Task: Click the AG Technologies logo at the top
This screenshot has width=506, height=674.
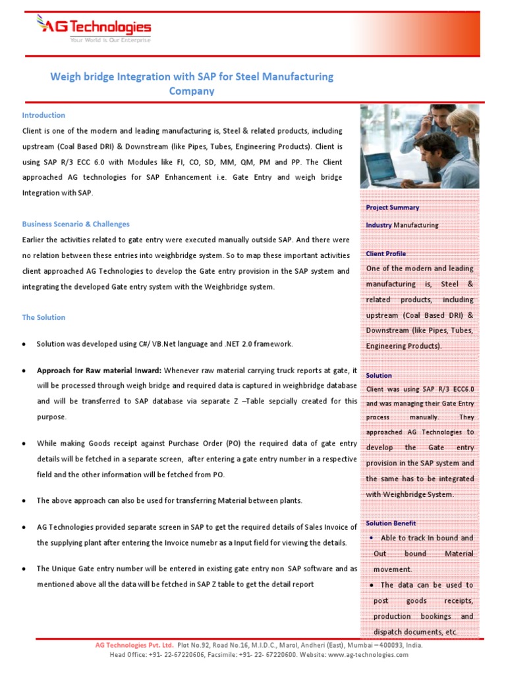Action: click(x=93, y=27)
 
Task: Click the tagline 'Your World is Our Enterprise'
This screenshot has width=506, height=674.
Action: click(x=110, y=40)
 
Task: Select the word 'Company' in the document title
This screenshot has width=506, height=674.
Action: click(x=192, y=91)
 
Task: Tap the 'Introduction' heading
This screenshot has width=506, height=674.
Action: click(x=43, y=115)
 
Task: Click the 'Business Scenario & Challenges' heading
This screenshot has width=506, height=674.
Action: click(x=76, y=224)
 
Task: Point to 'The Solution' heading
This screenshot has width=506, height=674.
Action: click(x=43, y=317)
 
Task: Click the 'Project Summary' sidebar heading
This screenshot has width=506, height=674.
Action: click(x=393, y=207)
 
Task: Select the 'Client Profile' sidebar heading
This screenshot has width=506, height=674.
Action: click(x=386, y=253)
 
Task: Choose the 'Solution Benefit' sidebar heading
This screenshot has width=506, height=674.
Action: click(x=391, y=523)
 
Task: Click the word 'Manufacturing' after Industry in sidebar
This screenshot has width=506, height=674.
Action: click(x=416, y=225)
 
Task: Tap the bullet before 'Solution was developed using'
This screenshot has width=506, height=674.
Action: click(x=24, y=344)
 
